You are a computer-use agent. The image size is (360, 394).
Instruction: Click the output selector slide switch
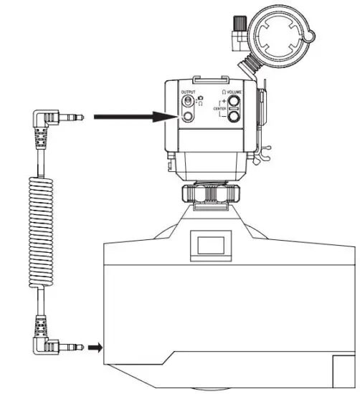pyautogui.click(x=189, y=102)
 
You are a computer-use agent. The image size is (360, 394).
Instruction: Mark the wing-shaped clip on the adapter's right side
pyautogui.click(x=265, y=148)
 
